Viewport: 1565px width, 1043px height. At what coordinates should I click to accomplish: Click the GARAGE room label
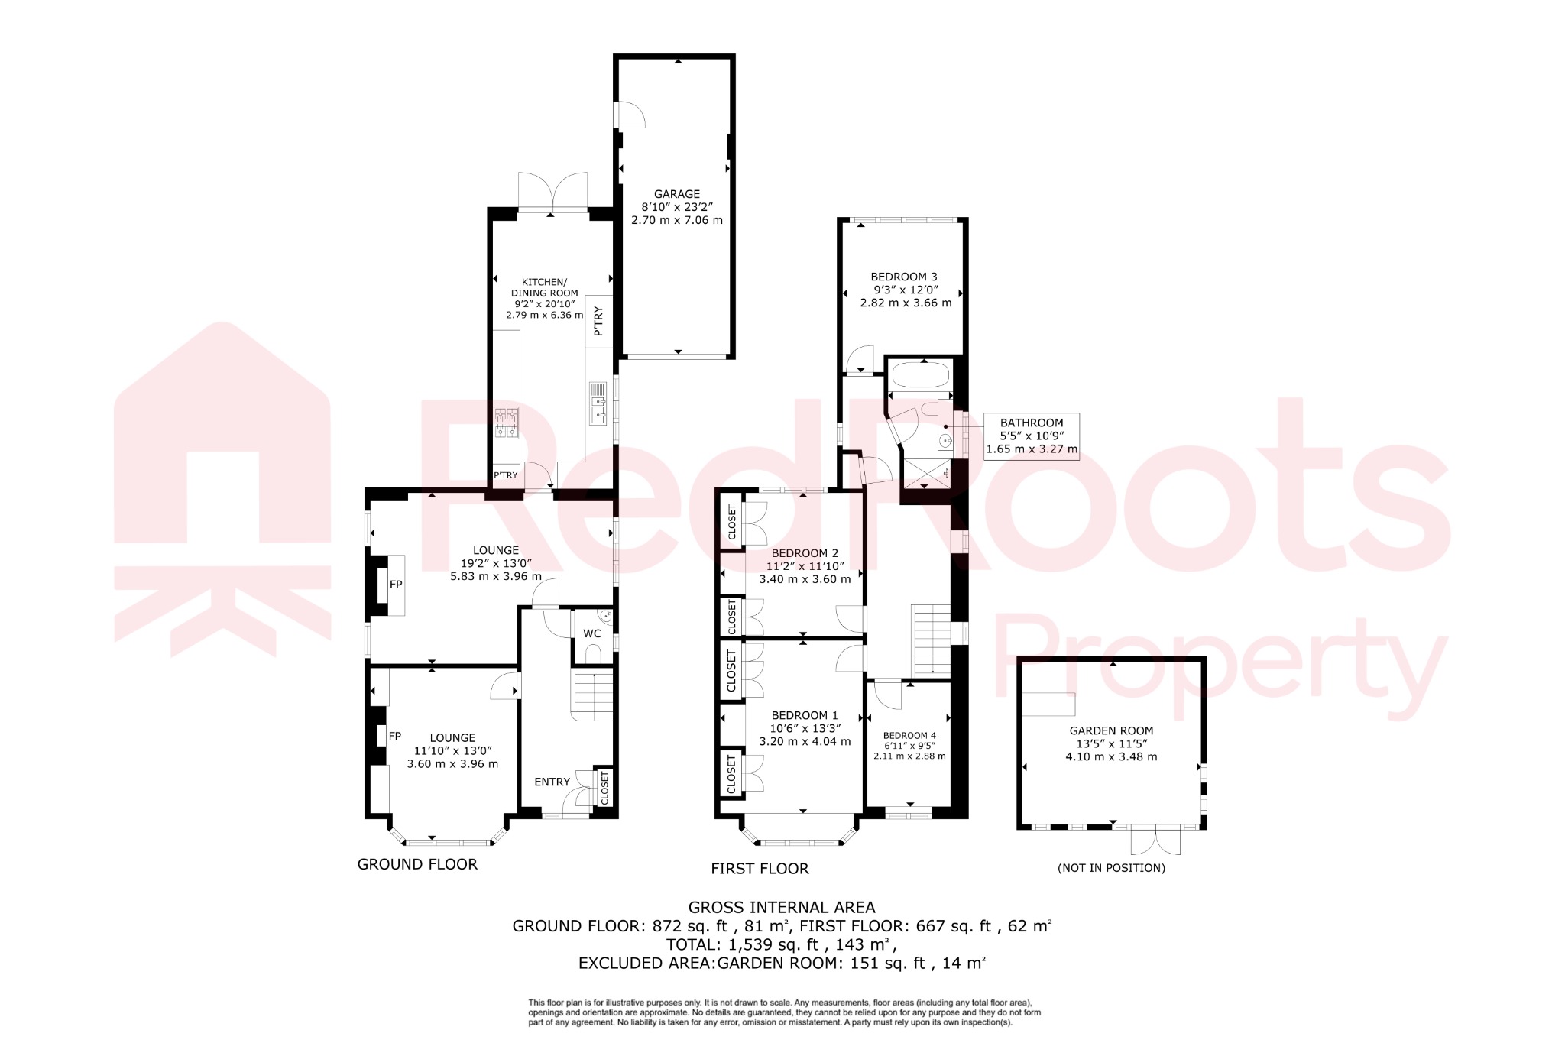coord(676,194)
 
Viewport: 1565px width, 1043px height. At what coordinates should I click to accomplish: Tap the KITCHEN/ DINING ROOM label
coord(544,287)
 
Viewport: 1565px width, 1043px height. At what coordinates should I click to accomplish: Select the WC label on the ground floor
coord(592,633)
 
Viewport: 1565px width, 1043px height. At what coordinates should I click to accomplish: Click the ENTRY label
coord(552,782)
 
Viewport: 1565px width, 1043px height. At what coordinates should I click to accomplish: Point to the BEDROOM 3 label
coord(904,277)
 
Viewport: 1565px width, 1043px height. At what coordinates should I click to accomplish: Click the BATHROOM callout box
coord(1032,436)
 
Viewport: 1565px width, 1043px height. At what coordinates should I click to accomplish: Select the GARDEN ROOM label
coord(1111,730)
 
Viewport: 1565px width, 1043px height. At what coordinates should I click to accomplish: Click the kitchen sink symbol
coord(598,403)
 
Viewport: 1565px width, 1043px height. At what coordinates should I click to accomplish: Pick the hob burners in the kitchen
coord(506,423)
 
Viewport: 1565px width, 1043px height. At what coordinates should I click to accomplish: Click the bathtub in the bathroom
coord(921,375)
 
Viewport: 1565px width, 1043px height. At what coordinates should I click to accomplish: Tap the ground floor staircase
coord(592,695)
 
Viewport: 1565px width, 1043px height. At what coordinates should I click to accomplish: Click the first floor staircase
coord(931,639)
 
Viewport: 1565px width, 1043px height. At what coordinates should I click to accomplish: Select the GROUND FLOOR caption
coord(417,864)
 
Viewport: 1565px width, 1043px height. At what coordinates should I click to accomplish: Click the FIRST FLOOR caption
coord(760,869)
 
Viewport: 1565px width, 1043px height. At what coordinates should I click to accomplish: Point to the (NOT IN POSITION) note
coord(1111,868)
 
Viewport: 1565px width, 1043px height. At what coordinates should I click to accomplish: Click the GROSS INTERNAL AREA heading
coord(782,908)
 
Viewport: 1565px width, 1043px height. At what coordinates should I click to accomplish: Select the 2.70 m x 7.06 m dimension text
coord(676,220)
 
